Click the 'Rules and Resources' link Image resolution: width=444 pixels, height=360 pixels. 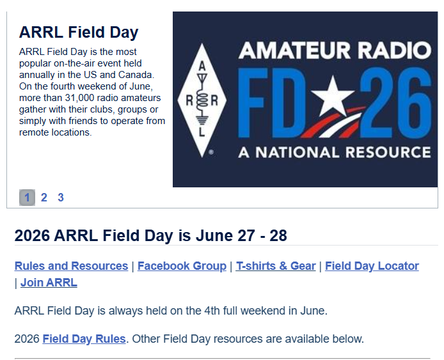[x=71, y=266]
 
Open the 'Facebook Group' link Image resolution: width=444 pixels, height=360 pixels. [x=182, y=266]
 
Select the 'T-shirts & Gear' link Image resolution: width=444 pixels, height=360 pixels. [x=276, y=266]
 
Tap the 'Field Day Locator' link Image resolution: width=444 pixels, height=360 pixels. [x=372, y=266]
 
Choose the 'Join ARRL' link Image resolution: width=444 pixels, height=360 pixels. [x=49, y=283]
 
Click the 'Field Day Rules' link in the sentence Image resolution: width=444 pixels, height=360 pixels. [x=84, y=339]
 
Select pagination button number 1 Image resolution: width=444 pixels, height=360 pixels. [x=27, y=198]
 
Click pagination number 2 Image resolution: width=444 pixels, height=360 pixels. [x=44, y=198]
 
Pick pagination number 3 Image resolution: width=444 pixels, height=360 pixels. [x=61, y=198]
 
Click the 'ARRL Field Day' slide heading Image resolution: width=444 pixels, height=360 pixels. [x=79, y=33]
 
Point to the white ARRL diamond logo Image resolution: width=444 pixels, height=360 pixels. [x=202, y=98]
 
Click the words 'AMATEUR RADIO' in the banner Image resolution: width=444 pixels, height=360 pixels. [x=334, y=50]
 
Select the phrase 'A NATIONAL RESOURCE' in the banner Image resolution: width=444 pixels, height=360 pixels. [x=334, y=153]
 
